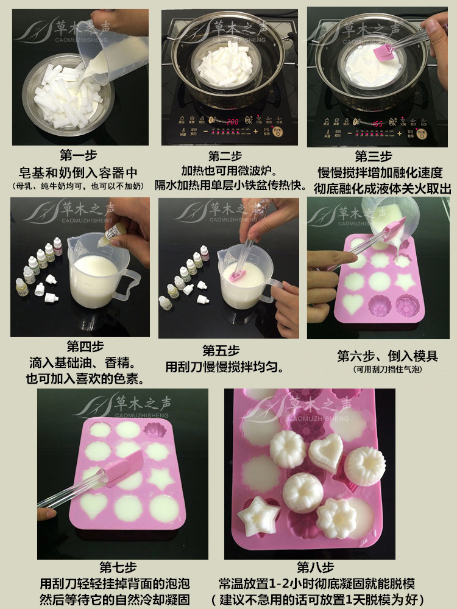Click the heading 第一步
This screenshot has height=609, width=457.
pyautogui.click(x=79, y=156)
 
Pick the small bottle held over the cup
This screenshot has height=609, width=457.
pyautogui.click(x=113, y=232)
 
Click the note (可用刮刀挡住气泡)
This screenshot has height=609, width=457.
pyautogui.click(x=387, y=370)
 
